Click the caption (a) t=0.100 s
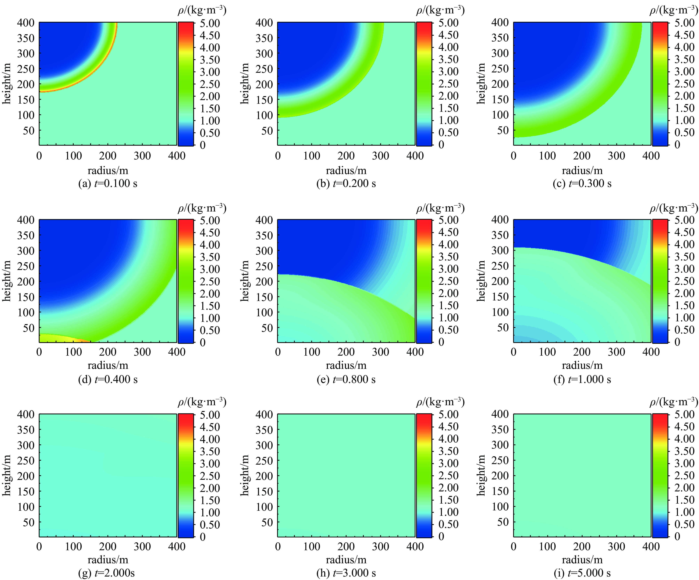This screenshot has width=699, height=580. (108, 183)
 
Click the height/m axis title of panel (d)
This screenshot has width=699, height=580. (7, 281)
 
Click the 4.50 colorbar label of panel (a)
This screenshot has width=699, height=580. (210, 35)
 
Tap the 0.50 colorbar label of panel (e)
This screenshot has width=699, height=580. (448, 330)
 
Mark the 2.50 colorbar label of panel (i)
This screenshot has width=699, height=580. (684, 475)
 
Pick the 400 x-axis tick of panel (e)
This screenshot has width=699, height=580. (415, 352)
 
